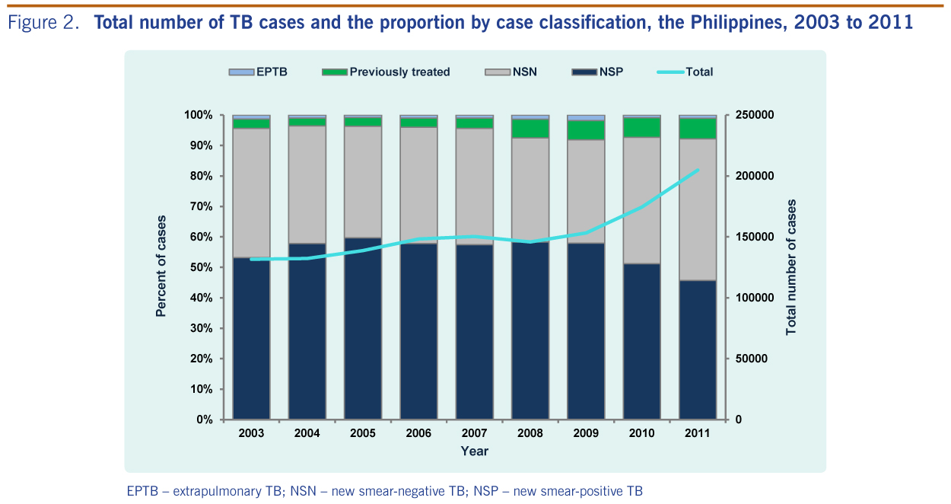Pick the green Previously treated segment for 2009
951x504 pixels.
(x=586, y=130)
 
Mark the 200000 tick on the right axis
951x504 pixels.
(x=753, y=176)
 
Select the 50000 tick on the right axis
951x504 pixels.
(x=750, y=359)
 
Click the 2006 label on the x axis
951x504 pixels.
(x=418, y=433)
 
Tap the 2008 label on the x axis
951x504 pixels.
(x=530, y=433)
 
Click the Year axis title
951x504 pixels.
(x=474, y=451)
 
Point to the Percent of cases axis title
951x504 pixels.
(x=161, y=266)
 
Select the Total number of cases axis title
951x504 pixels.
(x=791, y=267)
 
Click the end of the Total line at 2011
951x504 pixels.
(x=698, y=170)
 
